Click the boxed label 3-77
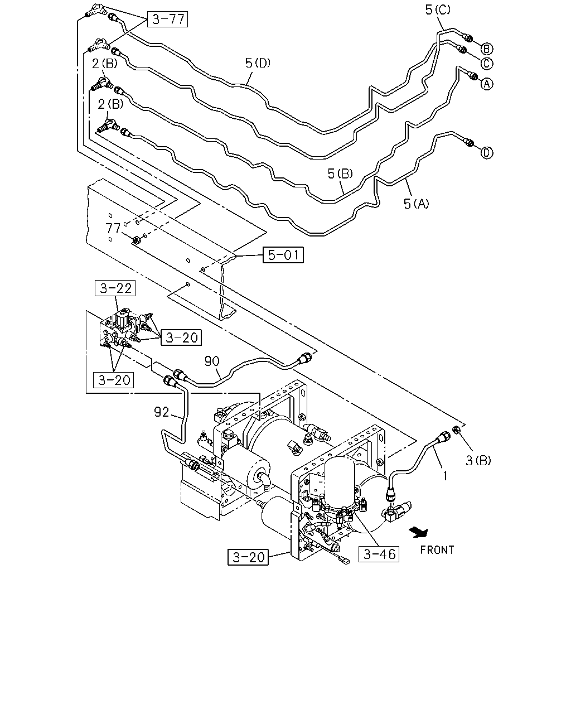point(168,19)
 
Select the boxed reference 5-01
point(283,255)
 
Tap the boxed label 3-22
point(115,288)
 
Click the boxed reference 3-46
point(379,554)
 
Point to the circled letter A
point(487,84)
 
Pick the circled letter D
point(487,153)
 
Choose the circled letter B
point(487,49)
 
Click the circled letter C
point(487,64)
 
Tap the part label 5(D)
point(258,62)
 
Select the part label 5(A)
point(417,204)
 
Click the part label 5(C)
point(438,9)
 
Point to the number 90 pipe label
point(212,361)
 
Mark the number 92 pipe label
point(162,412)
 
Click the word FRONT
point(437,550)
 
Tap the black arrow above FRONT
point(419,532)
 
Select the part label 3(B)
point(478,460)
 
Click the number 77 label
point(113,228)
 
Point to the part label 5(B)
point(340,173)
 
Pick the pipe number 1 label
point(445,476)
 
